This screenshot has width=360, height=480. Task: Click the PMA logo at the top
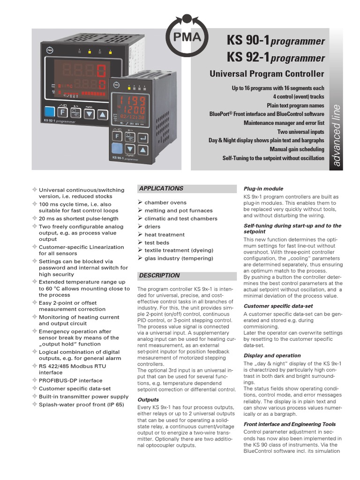pos(187,36)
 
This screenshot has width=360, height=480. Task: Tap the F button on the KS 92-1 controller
pos(62,112)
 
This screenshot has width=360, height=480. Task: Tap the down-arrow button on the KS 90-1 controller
pos(130,149)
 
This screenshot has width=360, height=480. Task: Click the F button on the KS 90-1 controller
pos(118,136)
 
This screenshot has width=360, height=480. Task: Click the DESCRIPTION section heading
pos(159,276)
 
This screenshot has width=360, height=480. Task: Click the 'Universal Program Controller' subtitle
pos(266,74)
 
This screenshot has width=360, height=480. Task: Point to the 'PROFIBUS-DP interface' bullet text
pos(70,381)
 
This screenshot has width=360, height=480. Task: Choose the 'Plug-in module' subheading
pos(263,188)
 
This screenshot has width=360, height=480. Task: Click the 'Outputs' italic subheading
pos(148,400)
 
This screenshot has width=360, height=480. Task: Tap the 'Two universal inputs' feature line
pos(300,132)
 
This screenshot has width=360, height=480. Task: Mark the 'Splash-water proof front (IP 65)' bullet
pos(81,404)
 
